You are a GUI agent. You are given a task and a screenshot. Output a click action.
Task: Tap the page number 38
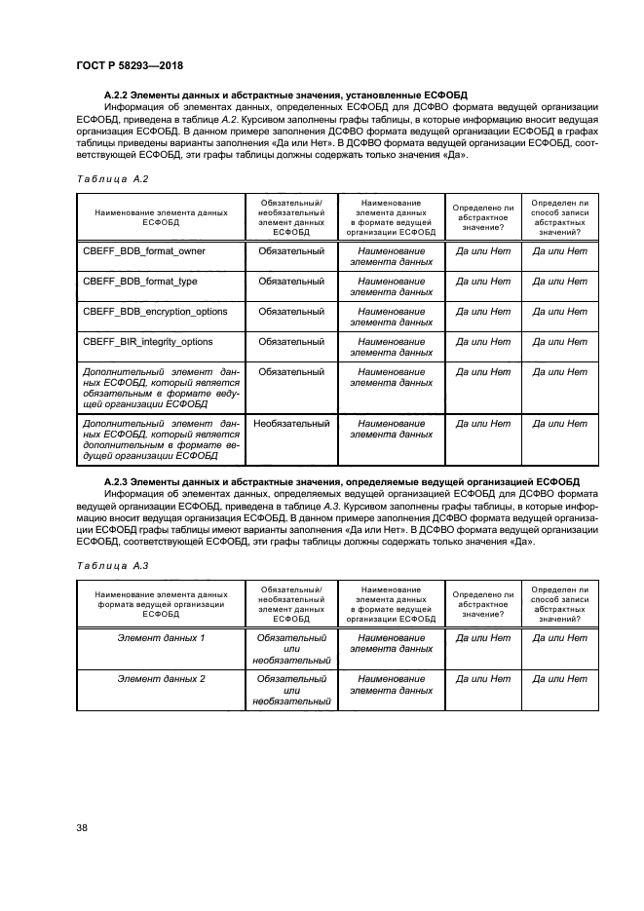click(x=82, y=828)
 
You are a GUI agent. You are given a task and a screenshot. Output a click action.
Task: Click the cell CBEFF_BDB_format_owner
click(x=144, y=250)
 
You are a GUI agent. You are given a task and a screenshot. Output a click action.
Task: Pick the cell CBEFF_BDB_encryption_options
click(x=156, y=311)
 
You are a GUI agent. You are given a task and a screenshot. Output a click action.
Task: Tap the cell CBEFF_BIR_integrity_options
click(x=148, y=341)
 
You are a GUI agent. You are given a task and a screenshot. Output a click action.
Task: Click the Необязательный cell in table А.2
click(x=290, y=424)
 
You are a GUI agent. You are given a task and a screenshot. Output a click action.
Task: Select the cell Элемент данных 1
click(x=161, y=637)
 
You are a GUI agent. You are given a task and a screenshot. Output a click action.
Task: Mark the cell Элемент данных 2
click(x=161, y=678)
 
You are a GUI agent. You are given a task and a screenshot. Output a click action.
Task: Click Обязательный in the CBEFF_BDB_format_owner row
click(x=290, y=250)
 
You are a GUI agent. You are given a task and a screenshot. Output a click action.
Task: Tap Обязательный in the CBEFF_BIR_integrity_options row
click(x=290, y=341)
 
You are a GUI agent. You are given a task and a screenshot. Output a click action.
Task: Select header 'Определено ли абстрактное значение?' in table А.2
click(x=483, y=216)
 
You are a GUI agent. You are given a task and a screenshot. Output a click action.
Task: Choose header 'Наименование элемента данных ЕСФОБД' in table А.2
click(x=161, y=216)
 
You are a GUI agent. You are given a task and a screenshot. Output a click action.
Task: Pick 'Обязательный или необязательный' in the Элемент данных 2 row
click(x=290, y=689)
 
